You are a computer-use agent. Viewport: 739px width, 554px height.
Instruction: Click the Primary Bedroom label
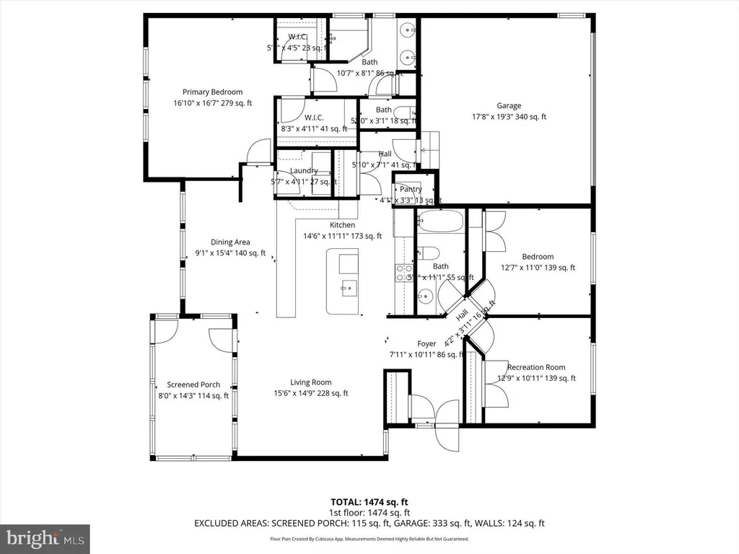click(212, 92)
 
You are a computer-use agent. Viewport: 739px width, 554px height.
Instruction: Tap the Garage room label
click(508, 105)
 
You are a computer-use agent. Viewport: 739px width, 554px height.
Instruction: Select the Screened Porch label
click(193, 384)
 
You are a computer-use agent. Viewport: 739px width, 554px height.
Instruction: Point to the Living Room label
click(311, 382)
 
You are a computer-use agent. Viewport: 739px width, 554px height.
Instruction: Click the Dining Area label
click(230, 242)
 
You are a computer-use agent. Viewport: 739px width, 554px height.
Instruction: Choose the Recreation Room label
click(536, 367)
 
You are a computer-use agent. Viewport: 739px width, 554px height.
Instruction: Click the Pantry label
click(411, 189)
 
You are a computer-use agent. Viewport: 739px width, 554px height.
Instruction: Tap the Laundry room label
click(304, 170)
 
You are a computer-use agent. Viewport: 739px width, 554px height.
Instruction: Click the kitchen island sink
click(348, 287)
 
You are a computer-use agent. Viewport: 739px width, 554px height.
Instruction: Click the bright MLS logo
click(45, 537)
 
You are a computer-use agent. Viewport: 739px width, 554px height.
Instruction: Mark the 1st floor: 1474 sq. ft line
click(369, 512)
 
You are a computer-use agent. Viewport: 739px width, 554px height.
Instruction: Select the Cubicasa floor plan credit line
click(369, 539)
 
